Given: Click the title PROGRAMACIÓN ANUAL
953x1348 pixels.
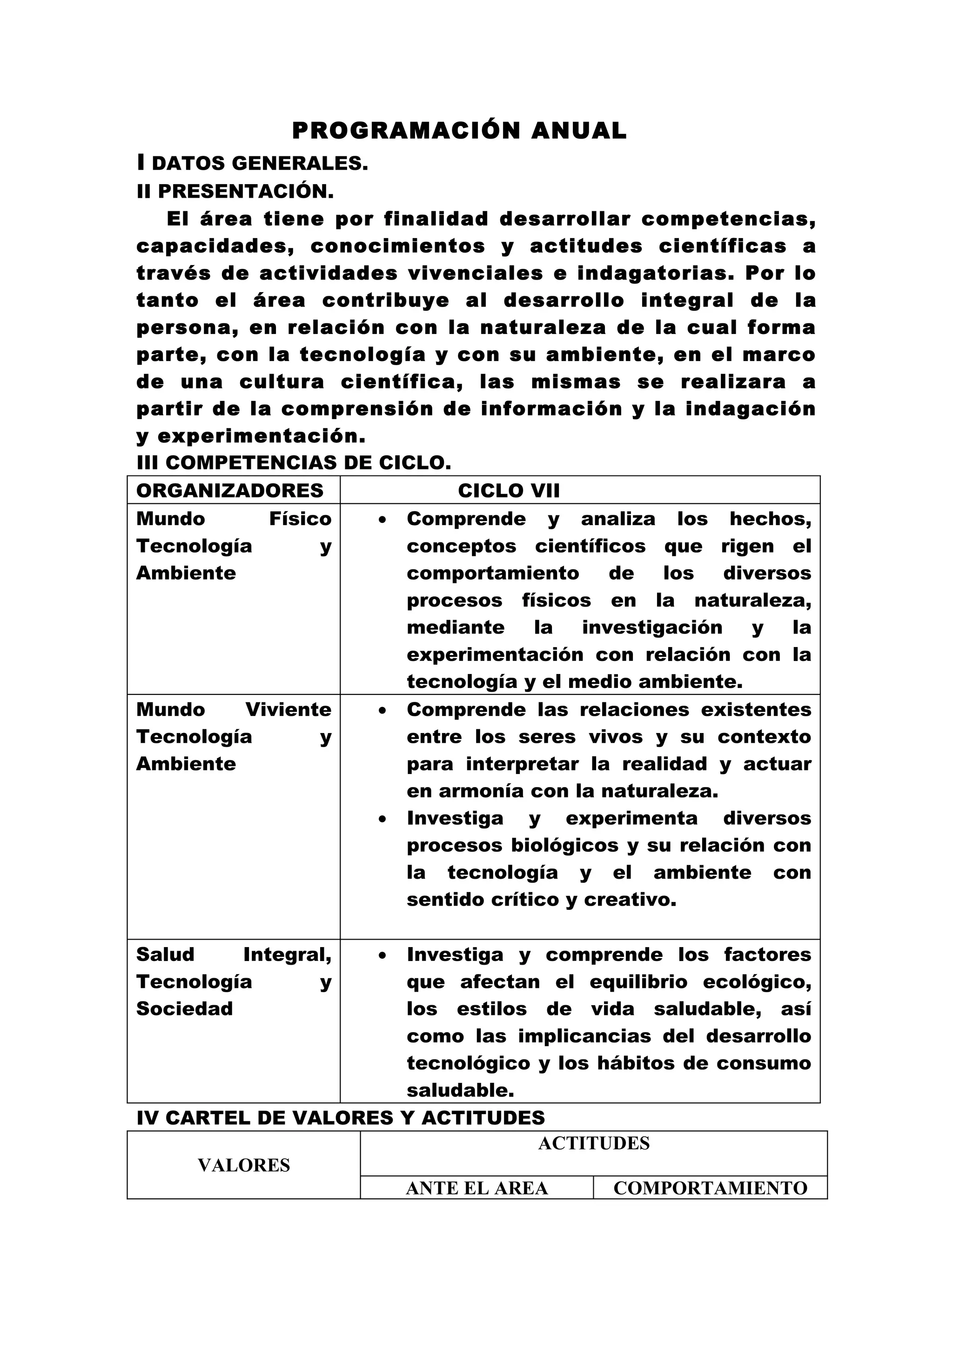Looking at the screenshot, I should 459,131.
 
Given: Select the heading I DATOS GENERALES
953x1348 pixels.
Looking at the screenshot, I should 253,163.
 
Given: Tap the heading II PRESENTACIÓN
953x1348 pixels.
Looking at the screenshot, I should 235,191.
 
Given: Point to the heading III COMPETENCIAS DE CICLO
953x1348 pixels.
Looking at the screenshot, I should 294,463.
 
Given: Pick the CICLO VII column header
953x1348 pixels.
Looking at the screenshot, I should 509,490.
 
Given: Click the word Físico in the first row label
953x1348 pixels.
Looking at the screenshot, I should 300,519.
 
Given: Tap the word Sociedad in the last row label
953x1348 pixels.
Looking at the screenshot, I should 184,1008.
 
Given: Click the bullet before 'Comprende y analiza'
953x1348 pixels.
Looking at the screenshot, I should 382,520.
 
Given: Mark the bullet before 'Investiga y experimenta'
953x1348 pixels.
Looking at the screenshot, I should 382,819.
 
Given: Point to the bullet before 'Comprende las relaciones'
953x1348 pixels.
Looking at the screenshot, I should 382,710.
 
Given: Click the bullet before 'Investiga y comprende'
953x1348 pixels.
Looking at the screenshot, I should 382,955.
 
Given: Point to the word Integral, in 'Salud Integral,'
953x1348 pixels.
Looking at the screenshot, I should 287,954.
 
